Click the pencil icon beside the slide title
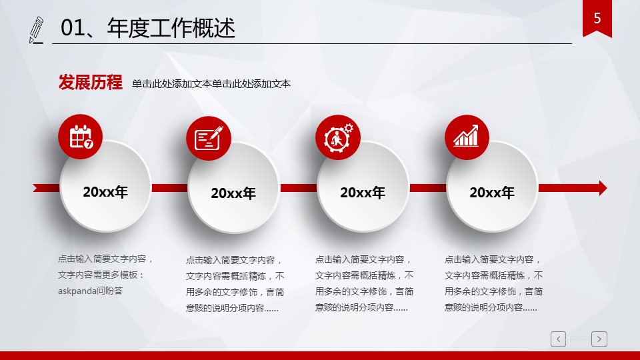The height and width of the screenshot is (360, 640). (x=36, y=30)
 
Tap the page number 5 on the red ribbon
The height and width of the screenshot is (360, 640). (x=597, y=18)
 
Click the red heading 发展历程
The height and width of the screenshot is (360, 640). (x=90, y=83)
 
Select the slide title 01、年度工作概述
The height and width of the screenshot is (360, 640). (x=148, y=28)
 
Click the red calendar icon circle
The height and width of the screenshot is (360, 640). (x=81, y=136)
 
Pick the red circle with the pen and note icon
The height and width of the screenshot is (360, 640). (x=209, y=138)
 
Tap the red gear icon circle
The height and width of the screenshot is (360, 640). (x=337, y=137)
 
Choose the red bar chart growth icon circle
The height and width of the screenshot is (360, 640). (x=467, y=137)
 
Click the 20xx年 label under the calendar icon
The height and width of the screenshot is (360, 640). (x=105, y=192)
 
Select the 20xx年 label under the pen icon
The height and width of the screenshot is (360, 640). (x=233, y=193)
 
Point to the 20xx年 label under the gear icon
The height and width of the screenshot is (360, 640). (x=363, y=193)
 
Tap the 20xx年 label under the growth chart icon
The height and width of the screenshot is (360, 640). (x=492, y=193)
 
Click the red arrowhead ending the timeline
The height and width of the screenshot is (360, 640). (x=603, y=188)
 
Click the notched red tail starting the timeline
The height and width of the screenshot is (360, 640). (x=41, y=188)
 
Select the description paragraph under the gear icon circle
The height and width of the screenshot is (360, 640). (x=364, y=283)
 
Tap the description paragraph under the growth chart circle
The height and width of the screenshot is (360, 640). (x=493, y=283)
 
